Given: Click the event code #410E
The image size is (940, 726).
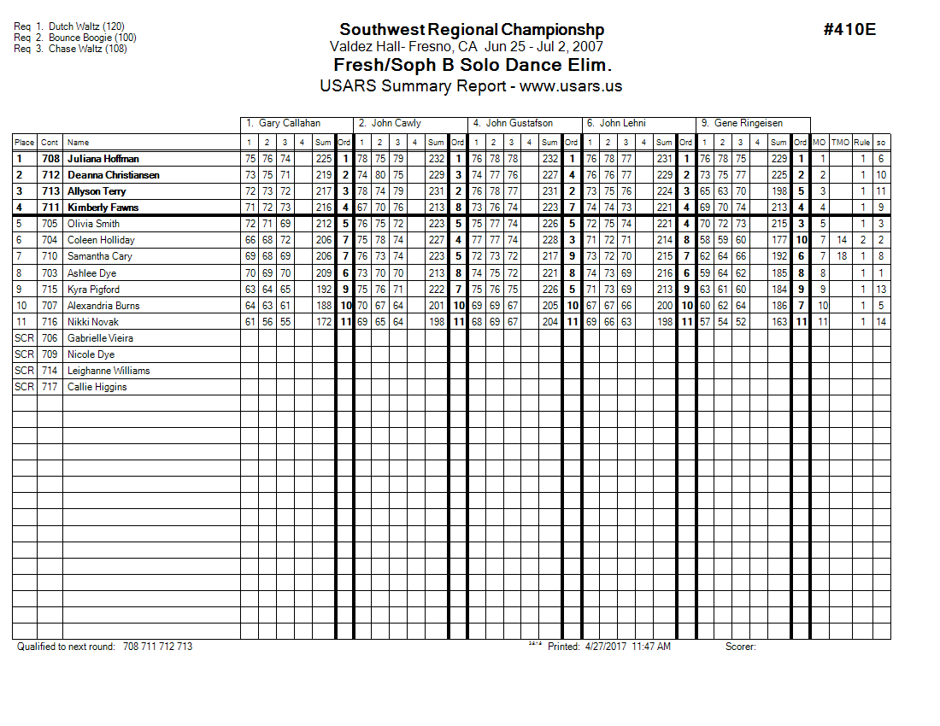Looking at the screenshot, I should pos(849,30).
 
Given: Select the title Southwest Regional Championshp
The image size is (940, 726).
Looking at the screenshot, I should pos(472,30).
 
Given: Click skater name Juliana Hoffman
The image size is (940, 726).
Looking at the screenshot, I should pos(103,159).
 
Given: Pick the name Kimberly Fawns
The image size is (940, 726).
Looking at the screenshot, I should pos(103,208).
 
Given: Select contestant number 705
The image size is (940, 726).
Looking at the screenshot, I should pos(50,224).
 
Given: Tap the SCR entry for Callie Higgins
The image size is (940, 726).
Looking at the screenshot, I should pos(25,387).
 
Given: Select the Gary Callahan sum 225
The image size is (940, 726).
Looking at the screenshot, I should pos(323,159).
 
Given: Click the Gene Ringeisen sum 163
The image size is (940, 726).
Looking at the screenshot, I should pos(778,322).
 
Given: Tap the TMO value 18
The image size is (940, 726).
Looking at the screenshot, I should pos(842,256).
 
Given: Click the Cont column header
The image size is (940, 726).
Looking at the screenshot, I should pos(50,143).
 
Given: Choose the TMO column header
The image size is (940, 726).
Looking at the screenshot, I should pos(841,143).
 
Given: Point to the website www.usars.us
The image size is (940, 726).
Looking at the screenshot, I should pos(571,86).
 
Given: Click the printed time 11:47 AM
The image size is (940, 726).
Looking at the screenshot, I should pos(651,647).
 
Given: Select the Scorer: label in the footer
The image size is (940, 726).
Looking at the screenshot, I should pos(740,647).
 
